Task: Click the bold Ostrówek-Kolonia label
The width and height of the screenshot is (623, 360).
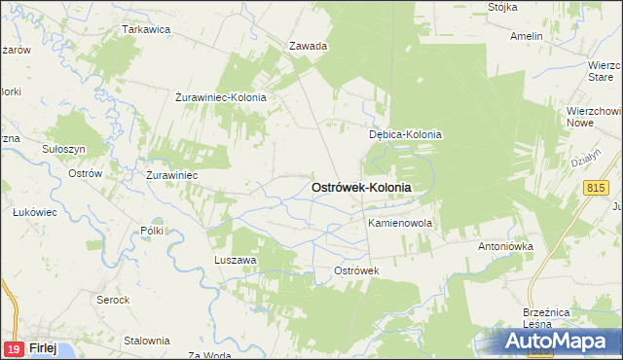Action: (360, 187)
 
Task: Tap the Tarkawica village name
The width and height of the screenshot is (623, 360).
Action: (146, 29)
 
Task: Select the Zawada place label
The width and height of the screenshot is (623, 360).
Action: (309, 46)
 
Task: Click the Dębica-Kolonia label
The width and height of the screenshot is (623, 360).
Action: (405, 135)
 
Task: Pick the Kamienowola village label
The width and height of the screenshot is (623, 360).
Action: (399, 223)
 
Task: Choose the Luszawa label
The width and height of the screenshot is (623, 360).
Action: (235, 260)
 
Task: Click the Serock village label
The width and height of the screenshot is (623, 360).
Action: (113, 299)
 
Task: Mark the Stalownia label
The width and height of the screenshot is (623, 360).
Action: (147, 341)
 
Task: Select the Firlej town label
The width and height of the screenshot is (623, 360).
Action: (43, 348)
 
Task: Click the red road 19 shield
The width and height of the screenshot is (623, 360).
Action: (14, 348)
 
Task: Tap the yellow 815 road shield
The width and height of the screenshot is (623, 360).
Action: (597, 186)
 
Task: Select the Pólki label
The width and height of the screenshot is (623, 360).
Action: (152, 231)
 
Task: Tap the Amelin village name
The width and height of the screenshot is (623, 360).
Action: (526, 36)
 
